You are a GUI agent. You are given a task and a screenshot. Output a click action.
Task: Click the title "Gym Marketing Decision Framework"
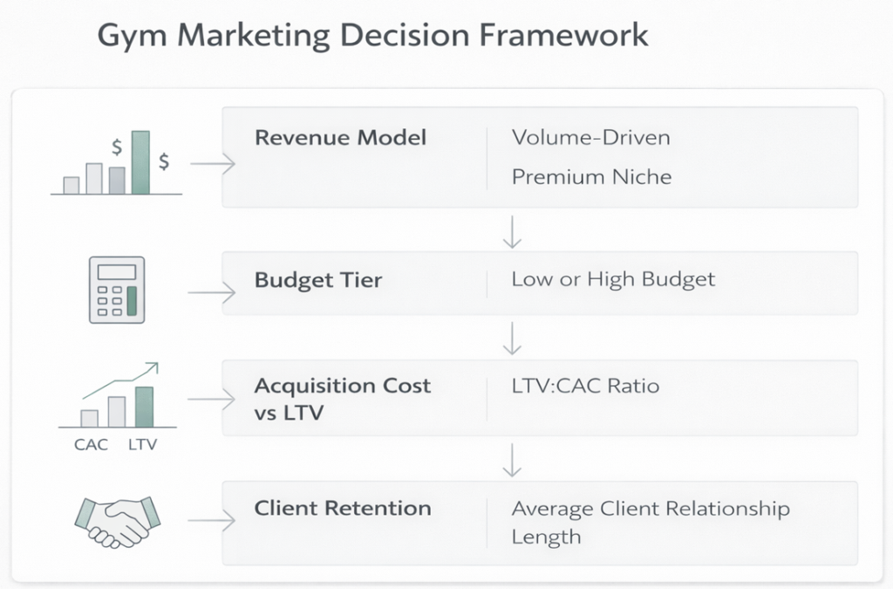(x=372, y=36)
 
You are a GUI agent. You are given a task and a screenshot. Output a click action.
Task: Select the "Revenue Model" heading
(x=340, y=138)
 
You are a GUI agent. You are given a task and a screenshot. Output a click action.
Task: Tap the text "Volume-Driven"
(x=590, y=138)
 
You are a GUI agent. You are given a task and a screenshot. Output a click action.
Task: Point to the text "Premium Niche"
(x=591, y=177)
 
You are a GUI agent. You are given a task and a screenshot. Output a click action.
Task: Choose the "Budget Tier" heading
(x=317, y=281)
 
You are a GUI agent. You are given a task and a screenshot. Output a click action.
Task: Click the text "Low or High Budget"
(x=613, y=279)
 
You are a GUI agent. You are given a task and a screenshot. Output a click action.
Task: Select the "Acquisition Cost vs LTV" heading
(x=342, y=398)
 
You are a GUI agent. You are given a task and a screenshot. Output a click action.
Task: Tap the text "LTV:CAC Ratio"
(x=584, y=386)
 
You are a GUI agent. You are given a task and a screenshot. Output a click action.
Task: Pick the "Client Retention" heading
(x=342, y=508)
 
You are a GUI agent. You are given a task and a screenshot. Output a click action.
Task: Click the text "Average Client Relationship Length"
(x=650, y=521)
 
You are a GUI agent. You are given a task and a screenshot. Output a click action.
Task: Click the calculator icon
(x=117, y=291)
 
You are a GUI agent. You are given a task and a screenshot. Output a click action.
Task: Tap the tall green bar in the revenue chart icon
(x=140, y=161)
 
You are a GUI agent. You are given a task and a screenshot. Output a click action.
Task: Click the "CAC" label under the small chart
(x=91, y=445)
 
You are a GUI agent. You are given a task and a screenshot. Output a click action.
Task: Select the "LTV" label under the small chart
(x=143, y=445)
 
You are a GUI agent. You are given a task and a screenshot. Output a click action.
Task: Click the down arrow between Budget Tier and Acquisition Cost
(x=512, y=338)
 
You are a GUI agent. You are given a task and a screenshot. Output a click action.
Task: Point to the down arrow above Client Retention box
(x=512, y=459)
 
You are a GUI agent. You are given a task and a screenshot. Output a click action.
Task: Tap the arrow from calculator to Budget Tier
(x=212, y=292)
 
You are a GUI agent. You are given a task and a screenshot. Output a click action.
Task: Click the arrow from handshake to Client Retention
(x=212, y=522)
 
